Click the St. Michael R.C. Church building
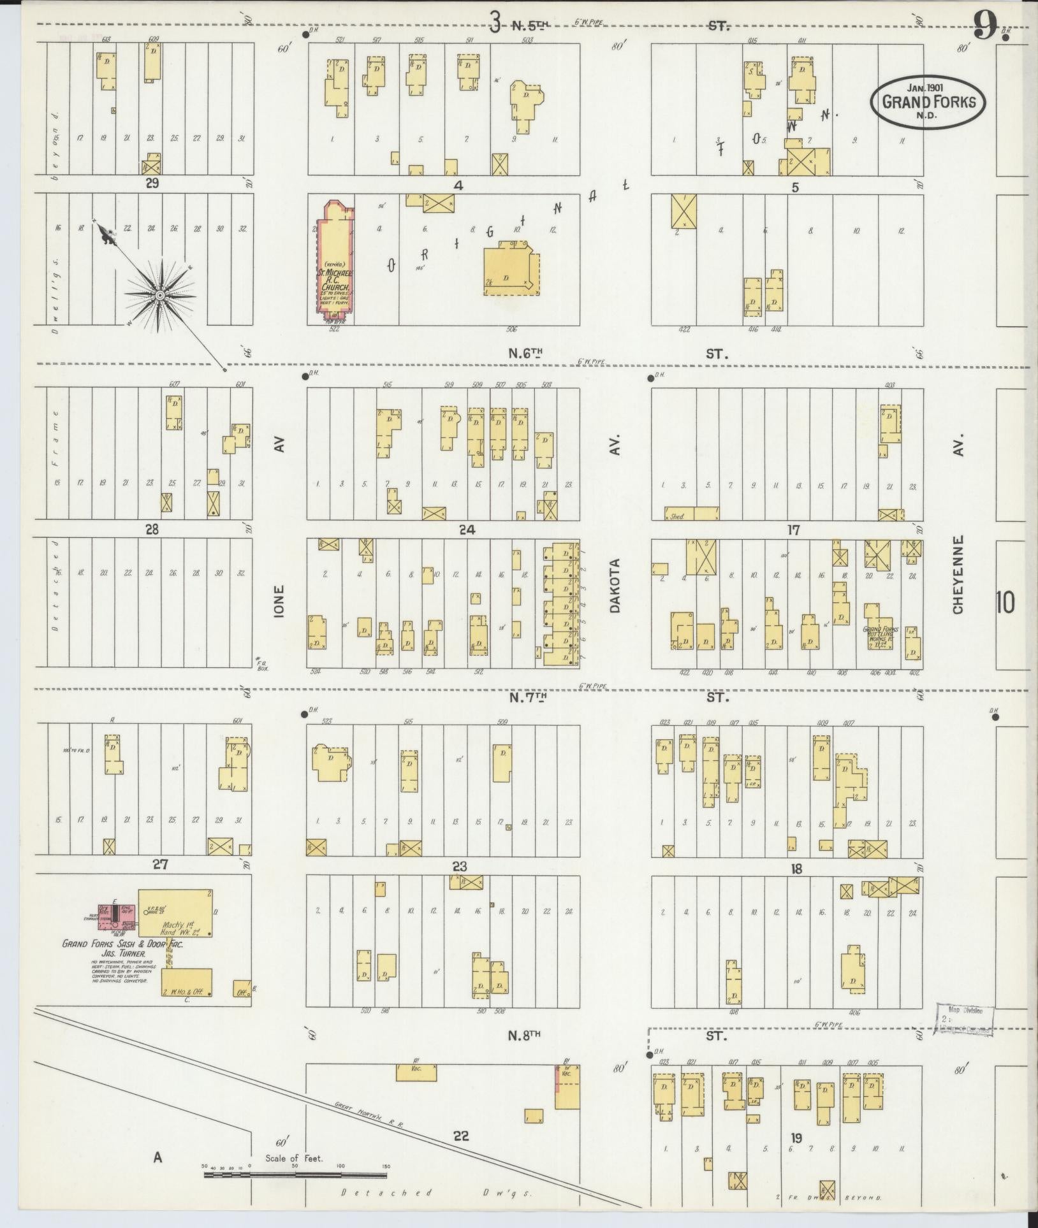coord(333,261)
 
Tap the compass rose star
coord(160,296)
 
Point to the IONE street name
coord(279,600)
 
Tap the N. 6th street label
coord(525,353)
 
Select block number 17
coord(793,530)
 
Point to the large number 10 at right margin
coord(1004,602)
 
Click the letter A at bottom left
coord(157,1157)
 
